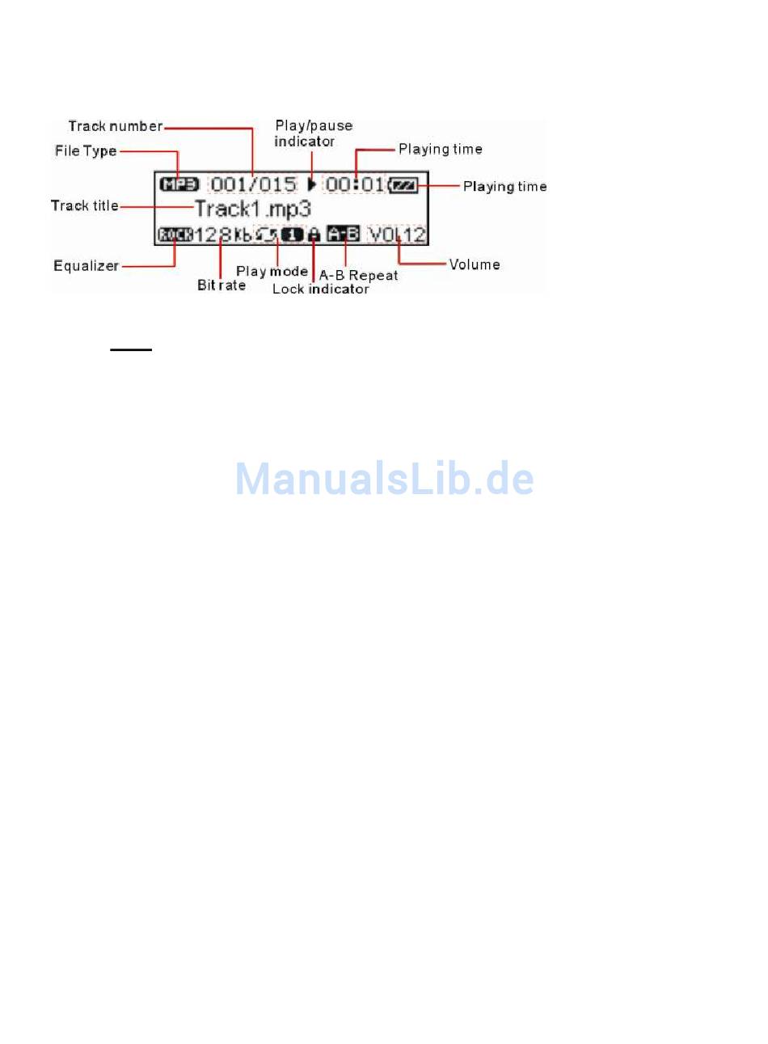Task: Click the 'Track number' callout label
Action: (116, 126)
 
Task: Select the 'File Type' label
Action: (86, 151)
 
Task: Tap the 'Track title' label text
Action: (85, 205)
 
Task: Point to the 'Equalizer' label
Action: (86, 266)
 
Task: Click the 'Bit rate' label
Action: (222, 285)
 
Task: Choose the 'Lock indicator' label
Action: (321, 290)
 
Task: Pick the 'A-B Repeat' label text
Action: (359, 275)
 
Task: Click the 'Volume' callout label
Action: (475, 264)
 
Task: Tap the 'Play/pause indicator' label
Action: (313, 133)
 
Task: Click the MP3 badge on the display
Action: (179, 184)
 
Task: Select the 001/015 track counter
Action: (253, 184)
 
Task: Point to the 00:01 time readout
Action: (354, 184)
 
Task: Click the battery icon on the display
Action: (404, 185)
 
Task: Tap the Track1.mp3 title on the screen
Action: (253, 209)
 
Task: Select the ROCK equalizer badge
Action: (176, 235)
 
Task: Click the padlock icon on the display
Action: (314, 235)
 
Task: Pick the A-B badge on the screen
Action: (343, 235)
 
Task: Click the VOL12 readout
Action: (397, 235)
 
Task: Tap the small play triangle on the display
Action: (311, 184)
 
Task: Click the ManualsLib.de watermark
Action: (384, 479)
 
